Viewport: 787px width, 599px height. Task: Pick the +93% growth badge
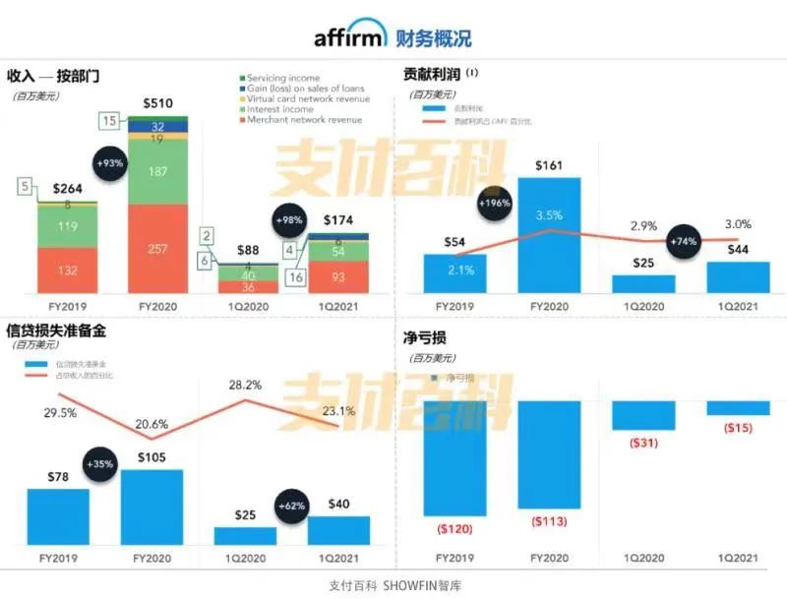click(x=111, y=163)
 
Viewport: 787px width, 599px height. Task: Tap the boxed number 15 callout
click(x=111, y=121)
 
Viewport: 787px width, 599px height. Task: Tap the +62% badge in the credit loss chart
click(x=292, y=506)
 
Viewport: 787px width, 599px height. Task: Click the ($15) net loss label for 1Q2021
click(x=739, y=428)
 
